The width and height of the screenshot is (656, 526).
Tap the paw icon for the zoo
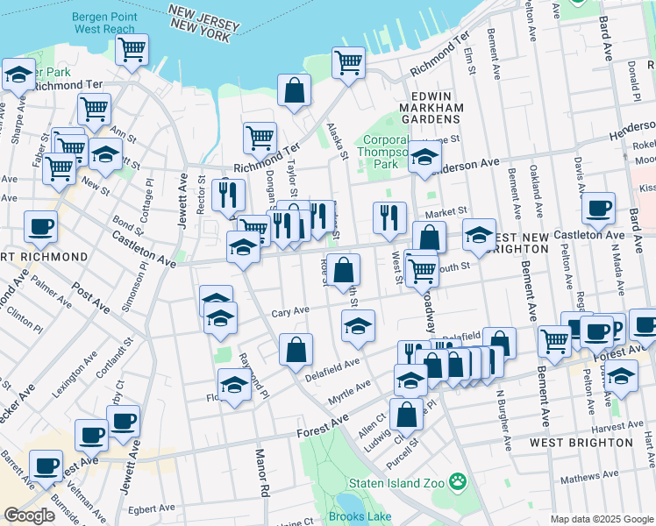(457, 481)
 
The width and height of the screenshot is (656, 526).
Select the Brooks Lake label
(362, 516)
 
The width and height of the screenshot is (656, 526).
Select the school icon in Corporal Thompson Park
(425, 158)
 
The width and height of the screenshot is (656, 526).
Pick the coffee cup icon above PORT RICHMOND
(40, 227)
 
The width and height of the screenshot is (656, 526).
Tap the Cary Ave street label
(289, 311)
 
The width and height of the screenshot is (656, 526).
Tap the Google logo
(29, 515)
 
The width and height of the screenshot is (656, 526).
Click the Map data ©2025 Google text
(601, 519)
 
